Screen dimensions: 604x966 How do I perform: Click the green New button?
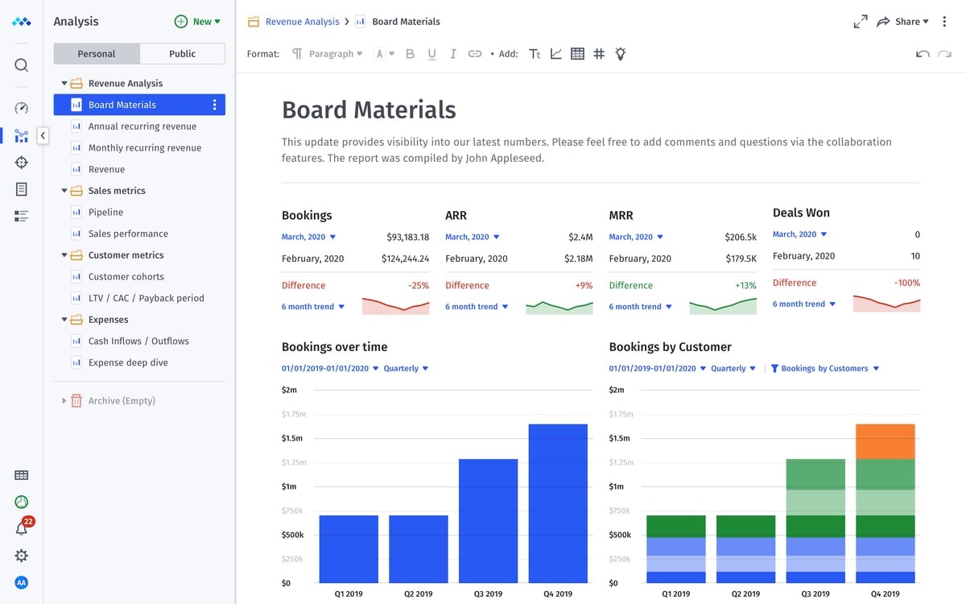(x=197, y=22)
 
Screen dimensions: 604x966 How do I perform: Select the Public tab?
(x=182, y=54)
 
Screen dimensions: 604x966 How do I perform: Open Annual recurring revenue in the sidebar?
(x=142, y=126)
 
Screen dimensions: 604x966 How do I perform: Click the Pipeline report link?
(x=105, y=213)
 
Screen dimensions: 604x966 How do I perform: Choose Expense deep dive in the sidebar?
(x=128, y=363)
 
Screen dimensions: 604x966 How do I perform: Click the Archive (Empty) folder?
(x=121, y=401)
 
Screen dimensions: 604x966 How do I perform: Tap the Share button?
(x=903, y=22)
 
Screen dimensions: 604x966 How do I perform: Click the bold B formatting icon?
(x=410, y=54)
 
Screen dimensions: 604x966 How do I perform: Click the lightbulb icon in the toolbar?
(x=620, y=54)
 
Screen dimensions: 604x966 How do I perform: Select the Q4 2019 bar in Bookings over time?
(x=558, y=503)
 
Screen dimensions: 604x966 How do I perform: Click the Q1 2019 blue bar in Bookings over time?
(x=349, y=548)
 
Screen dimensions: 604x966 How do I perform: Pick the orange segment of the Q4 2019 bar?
(x=885, y=441)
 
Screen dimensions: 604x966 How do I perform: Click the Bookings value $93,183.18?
(x=407, y=238)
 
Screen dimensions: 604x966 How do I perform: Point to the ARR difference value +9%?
(x=584, y=286)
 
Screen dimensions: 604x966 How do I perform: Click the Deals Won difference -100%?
(x=906, y=283)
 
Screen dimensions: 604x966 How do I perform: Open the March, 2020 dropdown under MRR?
(x=636, y=238)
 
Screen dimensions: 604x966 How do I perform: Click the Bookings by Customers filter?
(x=824, y=369)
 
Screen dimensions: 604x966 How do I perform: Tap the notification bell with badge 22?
(x=22, y=528)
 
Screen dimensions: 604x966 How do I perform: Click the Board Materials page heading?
(x=369, y=110)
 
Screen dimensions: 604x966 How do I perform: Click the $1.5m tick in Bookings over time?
(x=292, y=439)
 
